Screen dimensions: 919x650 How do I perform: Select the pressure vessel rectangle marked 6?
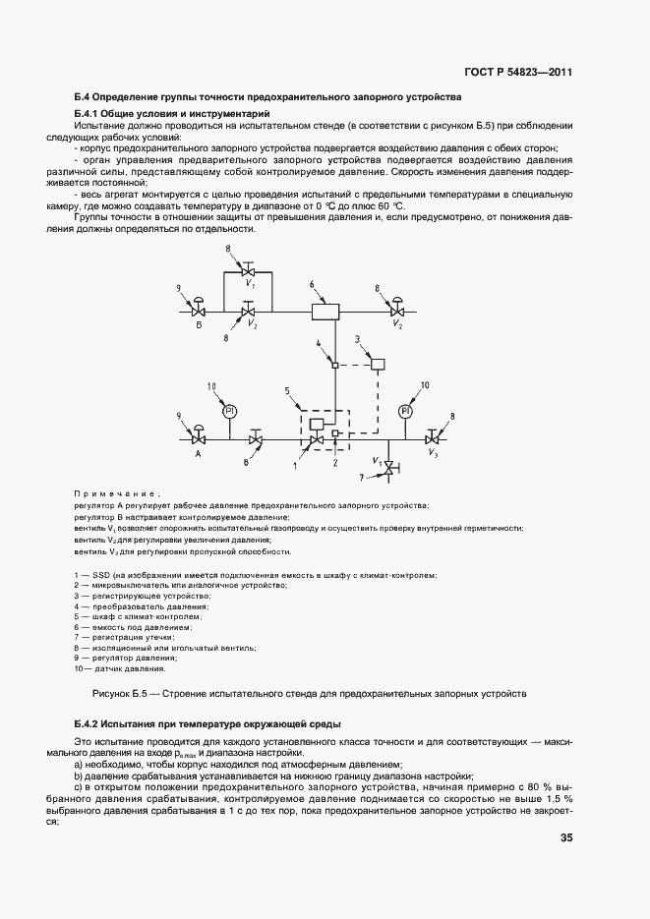(325, 312)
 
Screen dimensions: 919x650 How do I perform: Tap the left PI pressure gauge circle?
(228, 410)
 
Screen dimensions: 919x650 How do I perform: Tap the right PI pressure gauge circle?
(405, 410)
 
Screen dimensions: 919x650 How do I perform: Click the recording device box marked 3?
(378, 366)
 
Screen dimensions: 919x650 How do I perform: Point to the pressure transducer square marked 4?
(334, 366)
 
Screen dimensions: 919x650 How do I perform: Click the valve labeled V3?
(432, 438)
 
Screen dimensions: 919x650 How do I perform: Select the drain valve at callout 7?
(387, 468)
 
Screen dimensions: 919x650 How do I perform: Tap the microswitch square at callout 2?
(336, 432)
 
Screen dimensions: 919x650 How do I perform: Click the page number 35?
(566, 838)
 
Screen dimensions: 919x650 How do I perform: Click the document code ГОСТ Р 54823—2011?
(518, 73)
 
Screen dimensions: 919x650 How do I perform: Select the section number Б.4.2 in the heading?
(91, 722)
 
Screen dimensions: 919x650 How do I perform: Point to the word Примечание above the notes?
(116, 493)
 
